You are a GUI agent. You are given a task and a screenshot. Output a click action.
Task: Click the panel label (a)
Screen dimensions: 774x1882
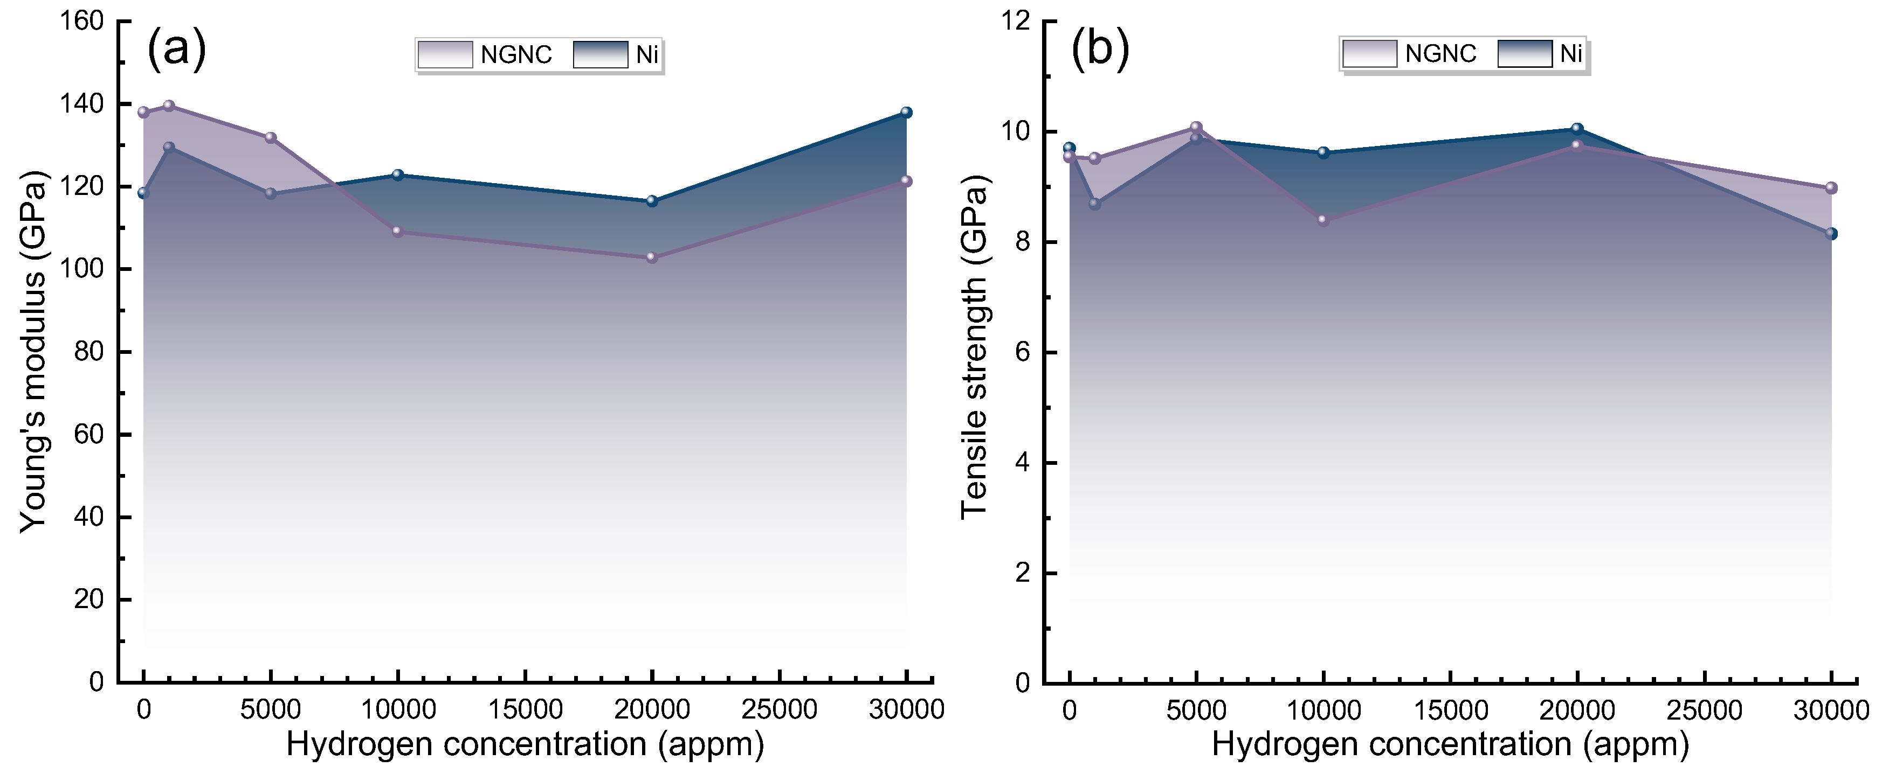[x=177, y=50]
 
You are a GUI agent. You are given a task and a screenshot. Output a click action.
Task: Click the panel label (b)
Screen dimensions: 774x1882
[x=1100, y=50]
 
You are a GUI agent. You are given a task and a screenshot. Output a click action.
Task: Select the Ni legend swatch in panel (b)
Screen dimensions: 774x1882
[x=1525, y=54]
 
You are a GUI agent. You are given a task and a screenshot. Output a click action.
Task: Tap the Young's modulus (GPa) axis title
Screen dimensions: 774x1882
[x=33, y=352]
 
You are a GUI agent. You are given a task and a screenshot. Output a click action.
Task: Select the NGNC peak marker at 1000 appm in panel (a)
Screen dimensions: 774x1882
[x=169, y=106]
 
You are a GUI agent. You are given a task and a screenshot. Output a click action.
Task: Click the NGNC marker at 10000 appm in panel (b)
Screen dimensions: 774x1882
[x=1323, y=220]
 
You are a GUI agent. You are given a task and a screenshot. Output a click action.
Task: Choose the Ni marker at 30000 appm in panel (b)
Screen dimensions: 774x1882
[x=1831, y=234]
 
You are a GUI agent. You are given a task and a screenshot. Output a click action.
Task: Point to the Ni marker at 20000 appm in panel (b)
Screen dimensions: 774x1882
[x=1577, y=129]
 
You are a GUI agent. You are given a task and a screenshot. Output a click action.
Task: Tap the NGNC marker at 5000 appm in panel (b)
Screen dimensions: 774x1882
[x=1196, y=128]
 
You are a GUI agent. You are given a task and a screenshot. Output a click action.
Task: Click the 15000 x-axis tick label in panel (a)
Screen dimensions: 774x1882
[x=525, y=709]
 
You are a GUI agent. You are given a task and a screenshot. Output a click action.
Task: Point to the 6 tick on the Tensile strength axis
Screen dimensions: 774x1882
[x=1022, y=353]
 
